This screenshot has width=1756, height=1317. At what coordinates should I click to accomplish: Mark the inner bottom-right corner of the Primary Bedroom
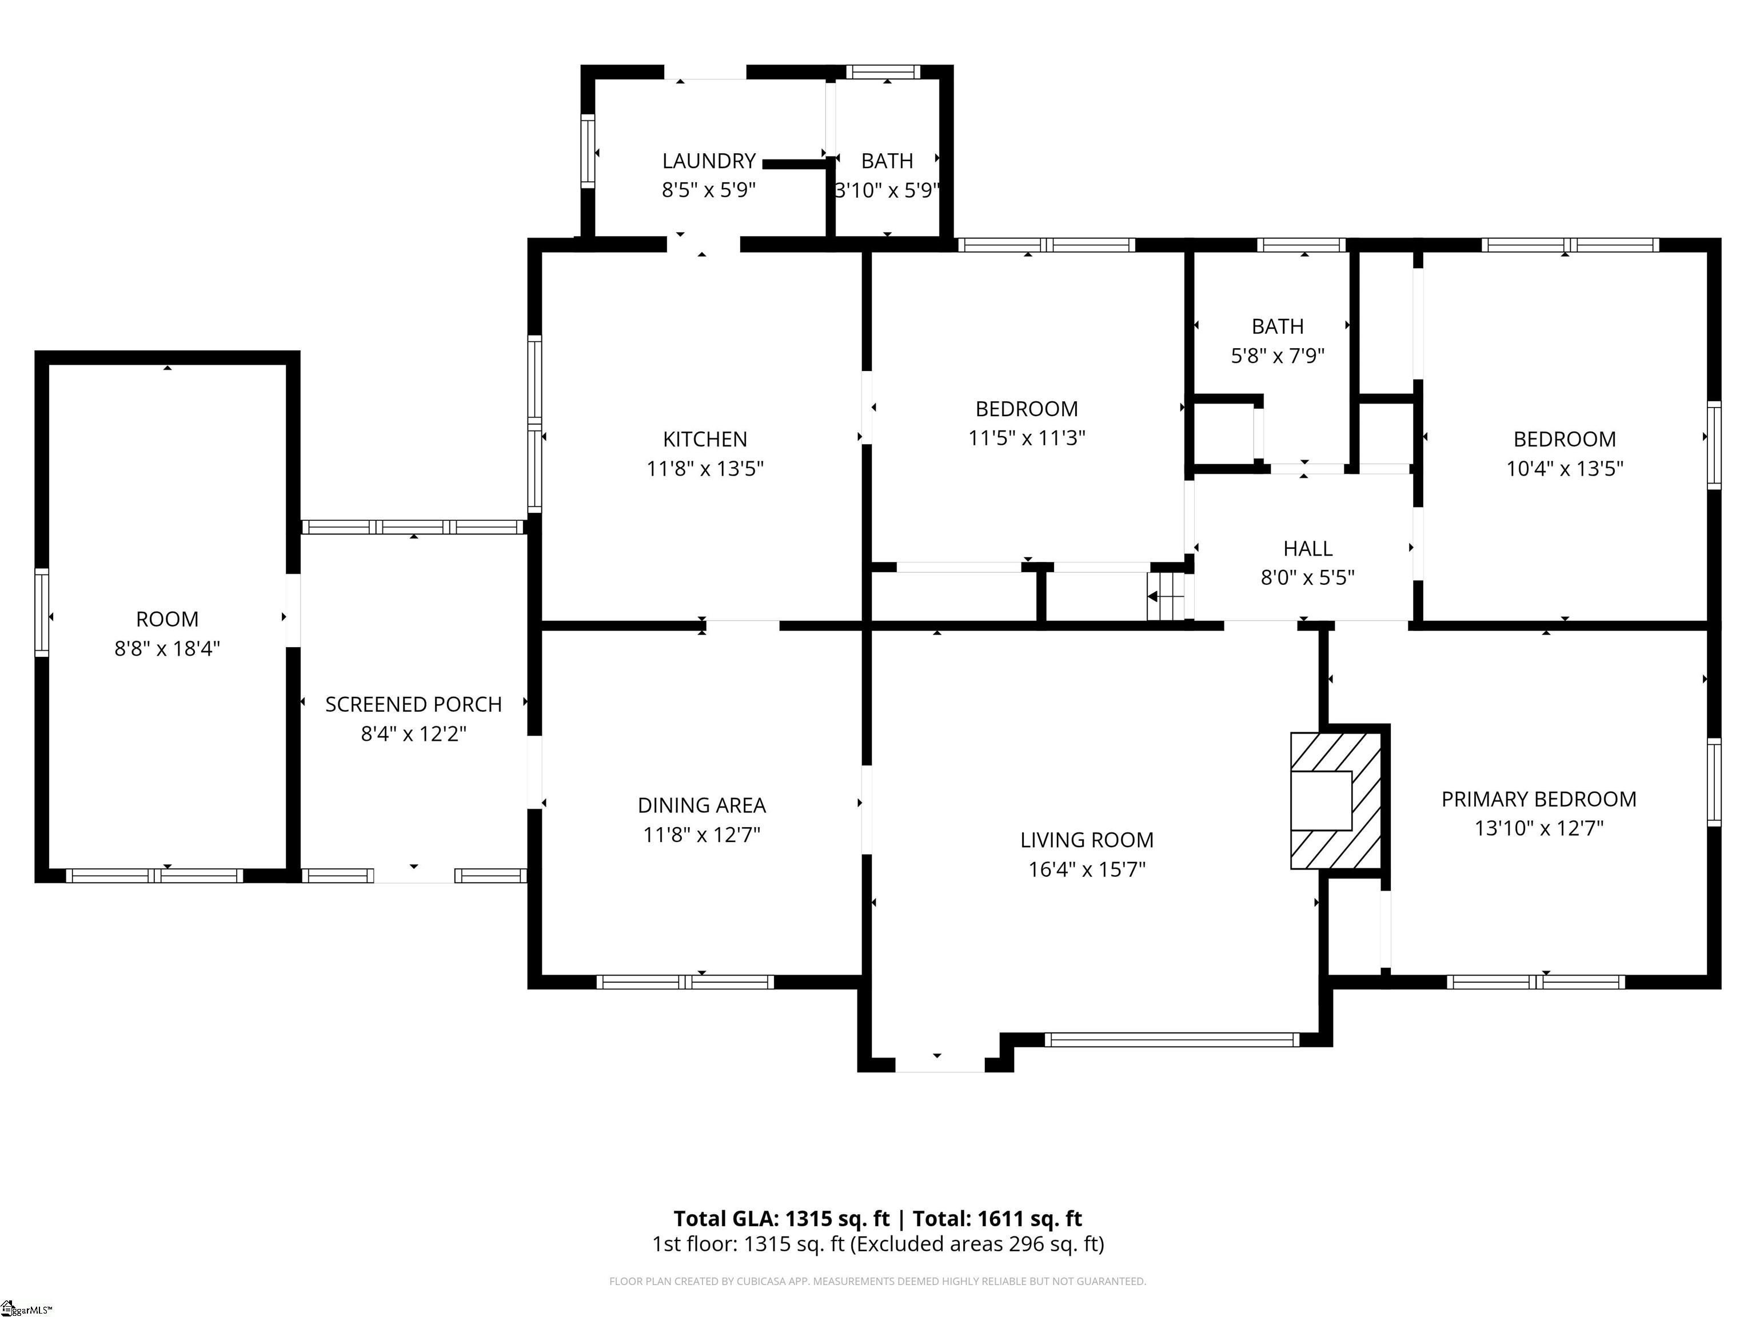pos(1707,975)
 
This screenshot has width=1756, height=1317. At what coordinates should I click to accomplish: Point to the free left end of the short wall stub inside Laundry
pos(764,164)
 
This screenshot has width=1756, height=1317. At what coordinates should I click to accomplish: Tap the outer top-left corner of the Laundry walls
pos(581,66)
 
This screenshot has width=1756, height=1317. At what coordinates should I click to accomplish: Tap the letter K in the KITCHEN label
pos(668,440)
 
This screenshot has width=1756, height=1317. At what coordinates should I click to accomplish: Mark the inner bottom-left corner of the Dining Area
pos(541,975)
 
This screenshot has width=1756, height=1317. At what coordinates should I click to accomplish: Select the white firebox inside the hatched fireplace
pos(1321,801)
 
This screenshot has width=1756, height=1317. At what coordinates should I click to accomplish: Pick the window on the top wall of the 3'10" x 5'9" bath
pos(883,72)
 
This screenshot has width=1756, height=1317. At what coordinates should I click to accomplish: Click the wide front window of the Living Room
pos(1172,1040)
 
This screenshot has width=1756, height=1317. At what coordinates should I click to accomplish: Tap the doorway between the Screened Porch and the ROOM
pos(293,610)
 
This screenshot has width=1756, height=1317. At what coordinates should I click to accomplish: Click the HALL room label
pos(1307,549)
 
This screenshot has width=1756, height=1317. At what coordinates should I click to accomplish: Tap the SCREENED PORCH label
pos(414,705)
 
